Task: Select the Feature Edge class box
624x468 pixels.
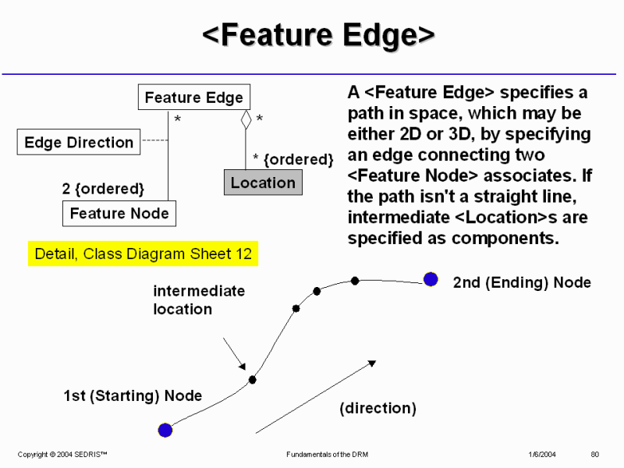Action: coord(194,97)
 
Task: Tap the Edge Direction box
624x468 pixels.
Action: coord(79,143)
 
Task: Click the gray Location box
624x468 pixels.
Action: coord(263,183)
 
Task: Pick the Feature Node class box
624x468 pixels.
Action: coord(119,213)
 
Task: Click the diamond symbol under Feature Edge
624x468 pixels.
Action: coord(246,119)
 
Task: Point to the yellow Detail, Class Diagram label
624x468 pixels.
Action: coord(143,254)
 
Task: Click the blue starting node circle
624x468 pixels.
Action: coord(165,430)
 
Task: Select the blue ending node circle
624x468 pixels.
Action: coord(431,279)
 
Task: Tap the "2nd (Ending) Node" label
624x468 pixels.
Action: coord(522,282)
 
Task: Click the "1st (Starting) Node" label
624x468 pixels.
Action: coord(133,396)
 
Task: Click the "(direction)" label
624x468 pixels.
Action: coord(378,408)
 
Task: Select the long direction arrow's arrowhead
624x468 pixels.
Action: coord(372,363)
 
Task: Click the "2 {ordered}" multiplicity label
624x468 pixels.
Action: coord(103,189)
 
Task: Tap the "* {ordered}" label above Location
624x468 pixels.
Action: coord(293,159)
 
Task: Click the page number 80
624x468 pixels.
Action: coord(594,454)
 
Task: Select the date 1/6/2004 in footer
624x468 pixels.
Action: coord(541,454)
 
